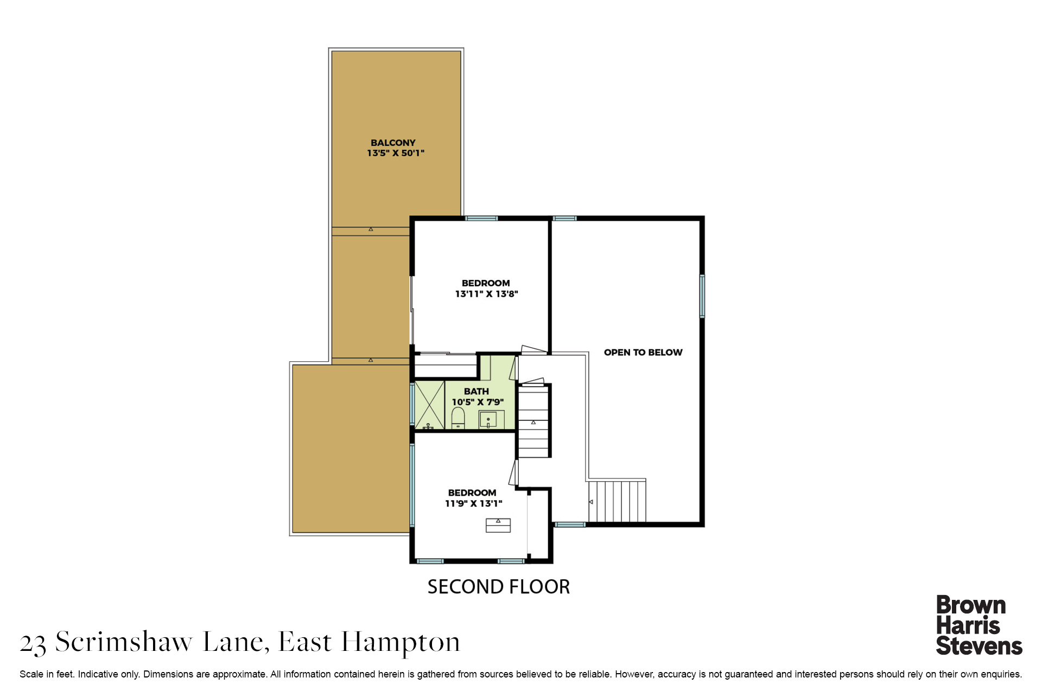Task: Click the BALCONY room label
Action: coord(393,143)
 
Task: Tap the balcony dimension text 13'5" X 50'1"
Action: coord(396,153)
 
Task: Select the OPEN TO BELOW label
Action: coord(643,353)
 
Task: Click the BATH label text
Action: coord(476,391)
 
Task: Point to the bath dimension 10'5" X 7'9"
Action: coord(478,402)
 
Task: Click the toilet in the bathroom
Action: coord(458,418)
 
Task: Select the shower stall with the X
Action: coord(429,405)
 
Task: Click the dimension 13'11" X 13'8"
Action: coord(487,294)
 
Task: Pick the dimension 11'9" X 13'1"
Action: coord(474,503)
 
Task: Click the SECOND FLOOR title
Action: coord(499,587)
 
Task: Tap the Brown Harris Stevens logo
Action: coord(979,625)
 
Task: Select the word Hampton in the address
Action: coord(401,643)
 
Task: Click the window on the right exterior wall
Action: coord(702,296)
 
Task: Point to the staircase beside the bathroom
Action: coord(534,421)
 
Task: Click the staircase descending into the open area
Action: coord(617,501)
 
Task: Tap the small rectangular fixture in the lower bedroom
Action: coord(498,525)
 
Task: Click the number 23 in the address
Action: coord(33,644)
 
